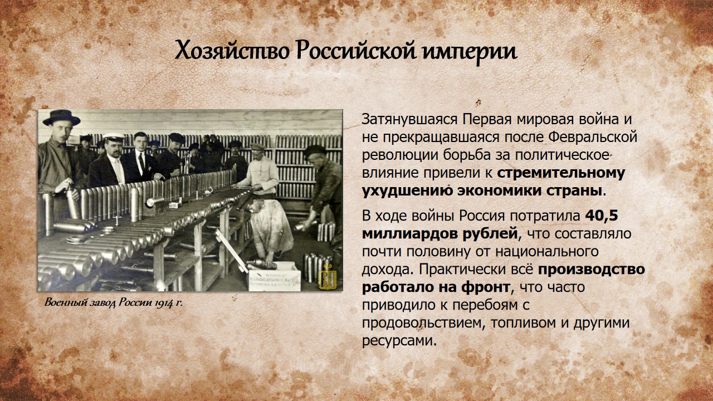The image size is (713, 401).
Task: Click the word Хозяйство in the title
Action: tap(232, 50)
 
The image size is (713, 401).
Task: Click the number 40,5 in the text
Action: tap(601, 216)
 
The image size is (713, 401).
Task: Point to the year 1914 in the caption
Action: tap(164, 302)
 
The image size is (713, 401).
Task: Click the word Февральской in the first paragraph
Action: tap(593, 138)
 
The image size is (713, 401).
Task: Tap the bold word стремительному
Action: tap(561, 173)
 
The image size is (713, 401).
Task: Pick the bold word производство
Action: tap(592, 270)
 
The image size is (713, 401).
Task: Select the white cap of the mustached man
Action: tap(114, 137)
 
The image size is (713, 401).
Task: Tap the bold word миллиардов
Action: tap(439, 234)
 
